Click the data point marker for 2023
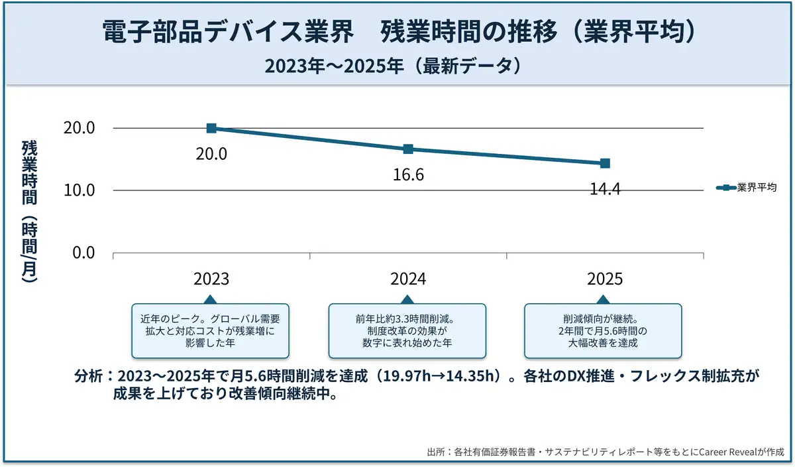(211, 128)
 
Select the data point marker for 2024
(408, 149)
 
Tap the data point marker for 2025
(605, 163)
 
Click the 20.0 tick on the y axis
(79, 128)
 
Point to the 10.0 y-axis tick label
(79, 190)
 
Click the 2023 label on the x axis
(211, 279)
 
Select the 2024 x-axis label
(408, 279)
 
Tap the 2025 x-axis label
(605, 279)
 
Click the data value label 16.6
(408, 175)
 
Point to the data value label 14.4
(605, 189)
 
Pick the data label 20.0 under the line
(211, 154)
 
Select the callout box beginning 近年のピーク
(211, 331)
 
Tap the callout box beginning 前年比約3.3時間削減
(407, 331)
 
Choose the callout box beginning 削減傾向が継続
(603, 331)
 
